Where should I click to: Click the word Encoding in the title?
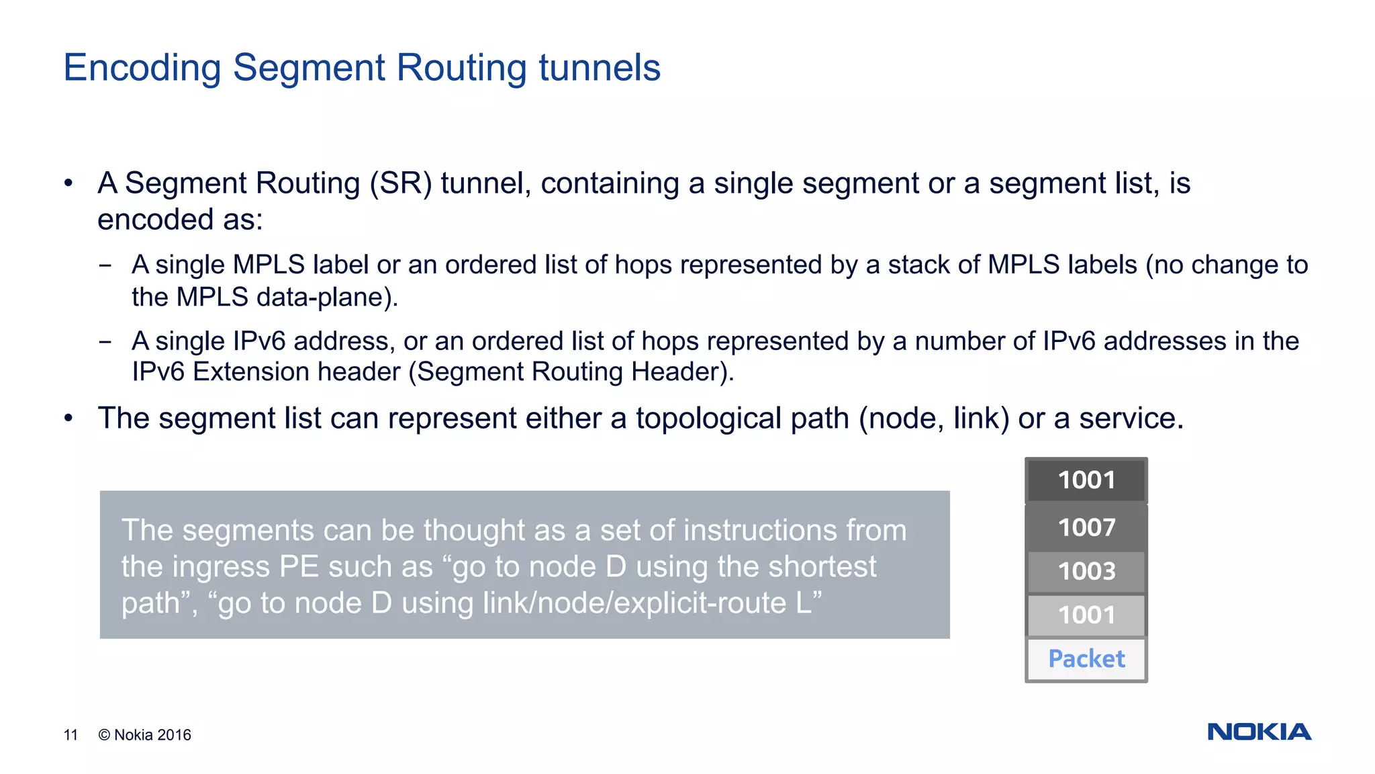pos(142,69)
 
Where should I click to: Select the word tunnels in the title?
pos(600,67)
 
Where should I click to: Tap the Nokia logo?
pos(1259,732)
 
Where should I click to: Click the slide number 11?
pos(70,735)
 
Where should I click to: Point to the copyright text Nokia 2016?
pos(145,735)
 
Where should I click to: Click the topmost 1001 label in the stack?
pos(1086,480)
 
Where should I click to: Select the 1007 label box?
pos(1086,527)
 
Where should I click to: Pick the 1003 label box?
pos(1086,571)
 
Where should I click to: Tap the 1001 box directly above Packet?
pos(1086,615)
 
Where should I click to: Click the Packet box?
pos(1086,659)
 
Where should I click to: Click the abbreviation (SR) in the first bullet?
pos(401,183)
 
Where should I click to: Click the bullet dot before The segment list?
pos(68,419)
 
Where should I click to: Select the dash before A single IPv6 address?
pos(105,341)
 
